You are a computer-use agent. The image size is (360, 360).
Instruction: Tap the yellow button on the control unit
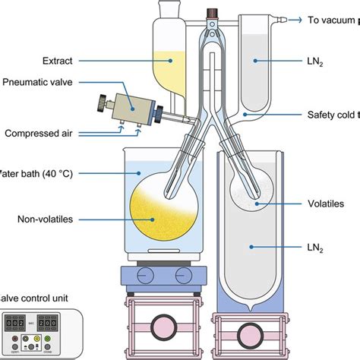[x=36, y=338]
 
